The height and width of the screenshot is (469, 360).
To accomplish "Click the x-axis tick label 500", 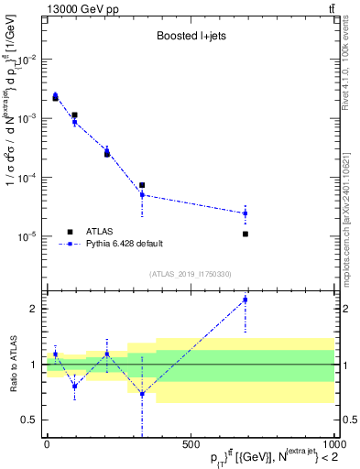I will [191, 443].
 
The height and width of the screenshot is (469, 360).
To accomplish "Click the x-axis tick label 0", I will [47, 443].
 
